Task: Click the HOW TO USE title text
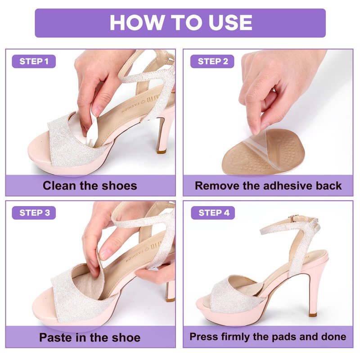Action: (x=181, y=22)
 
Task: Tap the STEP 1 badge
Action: (x=34, y=61)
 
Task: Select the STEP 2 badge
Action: (x=212, y=61)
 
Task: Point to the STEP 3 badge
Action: (x=34, y=213)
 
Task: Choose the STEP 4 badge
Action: (x=213, y=213)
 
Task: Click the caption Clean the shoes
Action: (x=90, y=186)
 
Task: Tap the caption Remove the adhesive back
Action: (x=268, y=186)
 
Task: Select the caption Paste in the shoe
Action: (x=90, y=337)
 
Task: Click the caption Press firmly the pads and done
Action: (x=268, y=337)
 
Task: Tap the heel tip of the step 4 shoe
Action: (x=313, y=315)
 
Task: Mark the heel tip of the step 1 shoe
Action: (x=162, y=151)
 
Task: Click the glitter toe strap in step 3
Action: (x=76, y=296)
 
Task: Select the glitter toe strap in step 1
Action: (x=73, y=142)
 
